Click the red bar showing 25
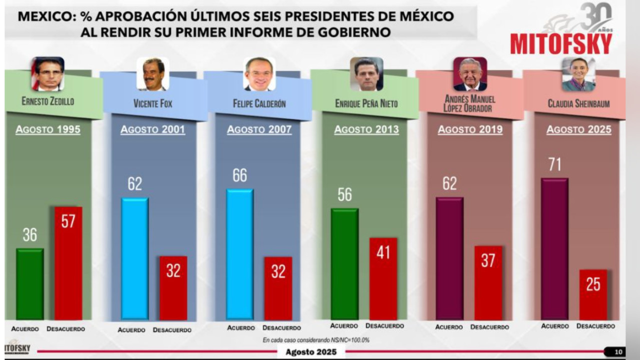pyautogui.click(x=593, y=294)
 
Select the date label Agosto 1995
pyautogui.click(x=48, y=129)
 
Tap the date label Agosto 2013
pyautogui.click(x=366, y=130)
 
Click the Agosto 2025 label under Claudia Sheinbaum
pyautogui.click(x=578, y=130)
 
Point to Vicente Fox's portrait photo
pyautogui.click(x=153, y=74)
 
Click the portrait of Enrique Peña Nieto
pyautogui.click(x=366, y=74)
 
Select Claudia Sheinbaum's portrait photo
pyautogui.click(x=578, y=74)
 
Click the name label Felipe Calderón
pyautogui.click(x=259, y=104)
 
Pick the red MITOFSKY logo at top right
pyautogui.click(x=561, y=44)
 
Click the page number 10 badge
pyautogui.click(x=618, y=352)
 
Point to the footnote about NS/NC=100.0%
pyautogui.click(x=316, y=340)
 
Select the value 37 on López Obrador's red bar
pyautogui.click(x=488, y=260)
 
